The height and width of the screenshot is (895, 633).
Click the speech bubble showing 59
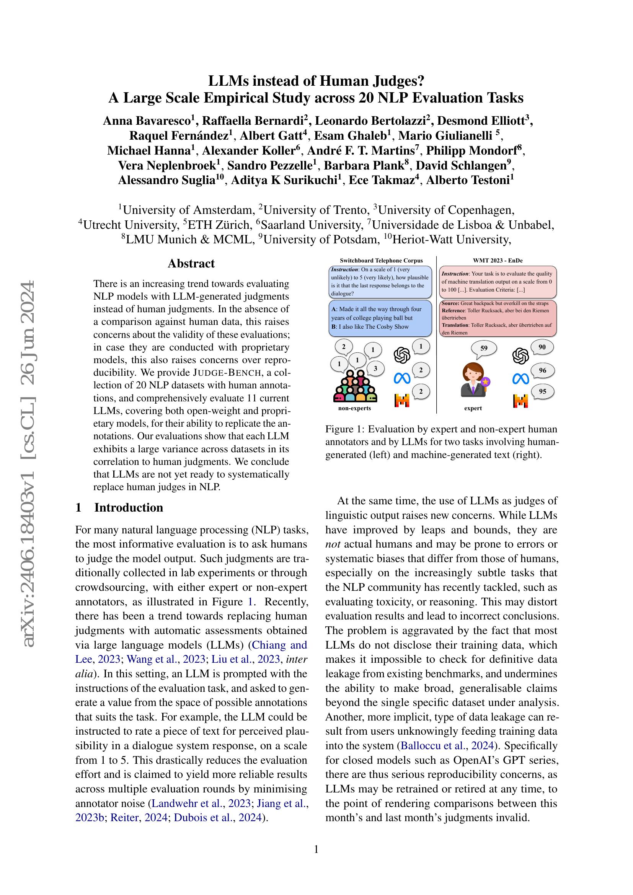(484, 349)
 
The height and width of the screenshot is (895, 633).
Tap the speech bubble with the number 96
(542, 371)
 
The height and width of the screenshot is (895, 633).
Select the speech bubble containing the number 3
(375, 368)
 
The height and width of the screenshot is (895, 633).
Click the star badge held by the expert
(485, 382)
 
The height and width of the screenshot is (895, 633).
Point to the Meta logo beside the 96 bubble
(521, 378)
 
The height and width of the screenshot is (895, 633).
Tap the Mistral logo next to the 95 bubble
(521, 400)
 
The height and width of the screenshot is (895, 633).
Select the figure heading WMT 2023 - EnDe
(498, 261)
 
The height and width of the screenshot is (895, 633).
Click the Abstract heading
(191, 264)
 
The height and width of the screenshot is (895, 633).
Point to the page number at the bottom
(316, 849)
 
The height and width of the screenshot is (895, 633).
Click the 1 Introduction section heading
(119, 507)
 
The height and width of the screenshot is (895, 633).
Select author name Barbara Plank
(364, 165)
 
